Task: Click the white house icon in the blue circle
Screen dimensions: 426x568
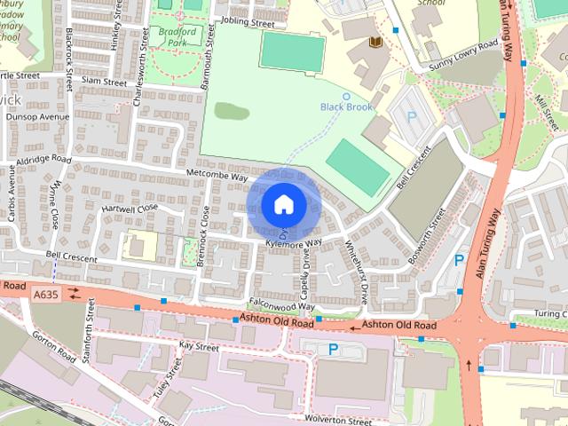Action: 283,204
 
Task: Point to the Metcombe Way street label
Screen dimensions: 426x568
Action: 217,176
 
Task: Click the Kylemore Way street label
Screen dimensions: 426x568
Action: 294,242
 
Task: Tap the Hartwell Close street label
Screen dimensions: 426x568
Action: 130,207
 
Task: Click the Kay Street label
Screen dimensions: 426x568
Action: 198,345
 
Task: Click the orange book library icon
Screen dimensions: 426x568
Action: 375,43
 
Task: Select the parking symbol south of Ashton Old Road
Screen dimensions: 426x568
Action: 333,350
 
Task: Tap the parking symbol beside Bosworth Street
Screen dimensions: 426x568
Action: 459,260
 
